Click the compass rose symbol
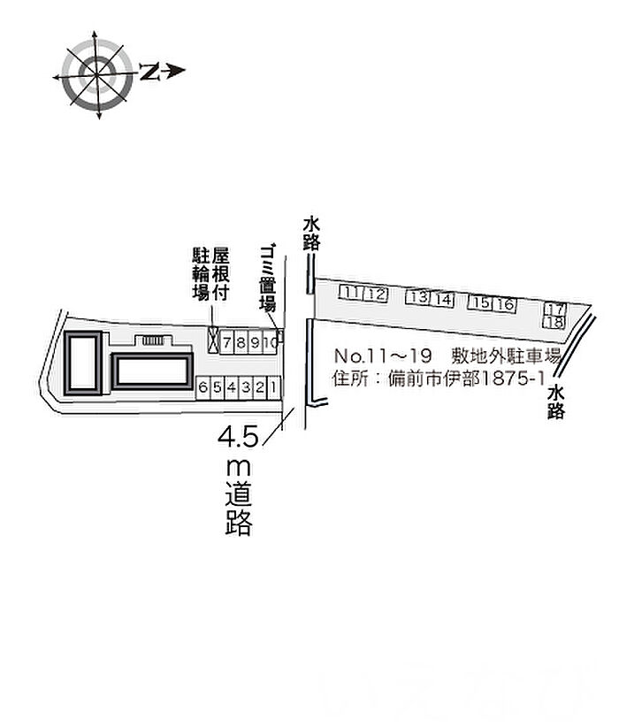[92, 74]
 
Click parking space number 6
[203, 386]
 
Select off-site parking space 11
[352, 294]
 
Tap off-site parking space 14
[444, 300]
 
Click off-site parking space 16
[504, 304]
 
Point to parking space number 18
[554, 322]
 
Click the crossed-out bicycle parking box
[212, 340]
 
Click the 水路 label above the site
[309, 235]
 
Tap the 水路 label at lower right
[556, 401]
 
